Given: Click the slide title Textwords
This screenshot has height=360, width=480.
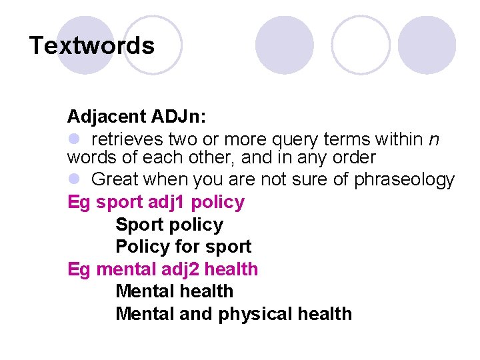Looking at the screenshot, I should (x=92, y=46).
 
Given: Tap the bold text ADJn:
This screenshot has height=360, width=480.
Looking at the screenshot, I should (x=179, y=117).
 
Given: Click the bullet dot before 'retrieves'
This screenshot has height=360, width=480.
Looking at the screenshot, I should (x=73, y=139).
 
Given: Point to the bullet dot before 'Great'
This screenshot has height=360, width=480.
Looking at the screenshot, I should (x=73, y=179).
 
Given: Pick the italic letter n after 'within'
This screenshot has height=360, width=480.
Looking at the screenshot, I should (x=434, y=139).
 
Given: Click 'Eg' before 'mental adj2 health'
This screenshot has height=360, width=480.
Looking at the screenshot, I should (x=79, y=269).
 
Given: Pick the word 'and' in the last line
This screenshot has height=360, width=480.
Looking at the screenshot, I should (x=197, y=314).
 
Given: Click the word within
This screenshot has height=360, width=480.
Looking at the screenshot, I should (x=399, y=139).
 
